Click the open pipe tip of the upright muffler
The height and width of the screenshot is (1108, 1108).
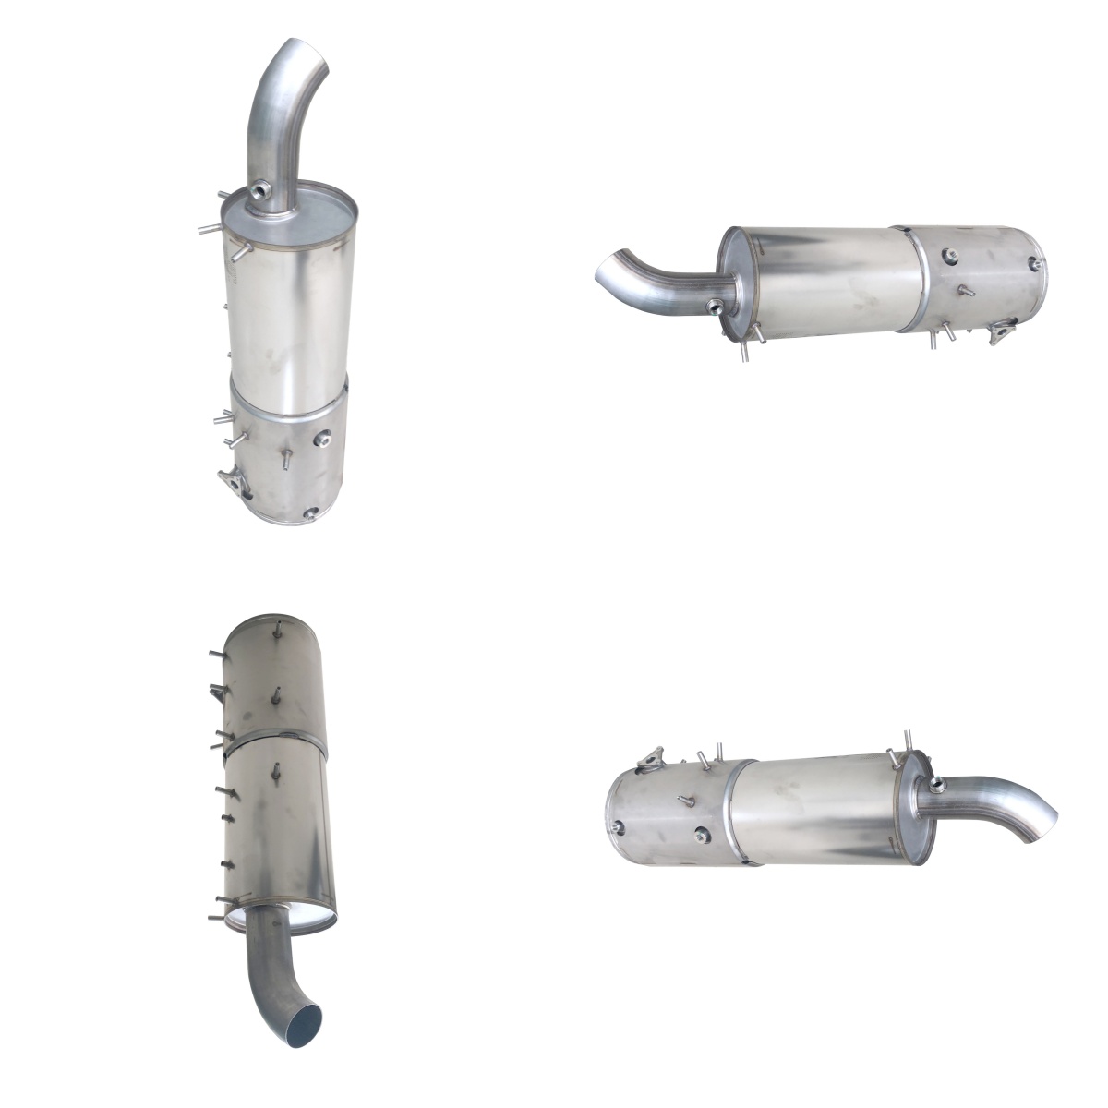tap(305, 54)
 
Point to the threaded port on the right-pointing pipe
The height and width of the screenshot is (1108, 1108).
tap(939, 786)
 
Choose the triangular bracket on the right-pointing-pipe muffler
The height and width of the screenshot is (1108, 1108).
tap(652, 759)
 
